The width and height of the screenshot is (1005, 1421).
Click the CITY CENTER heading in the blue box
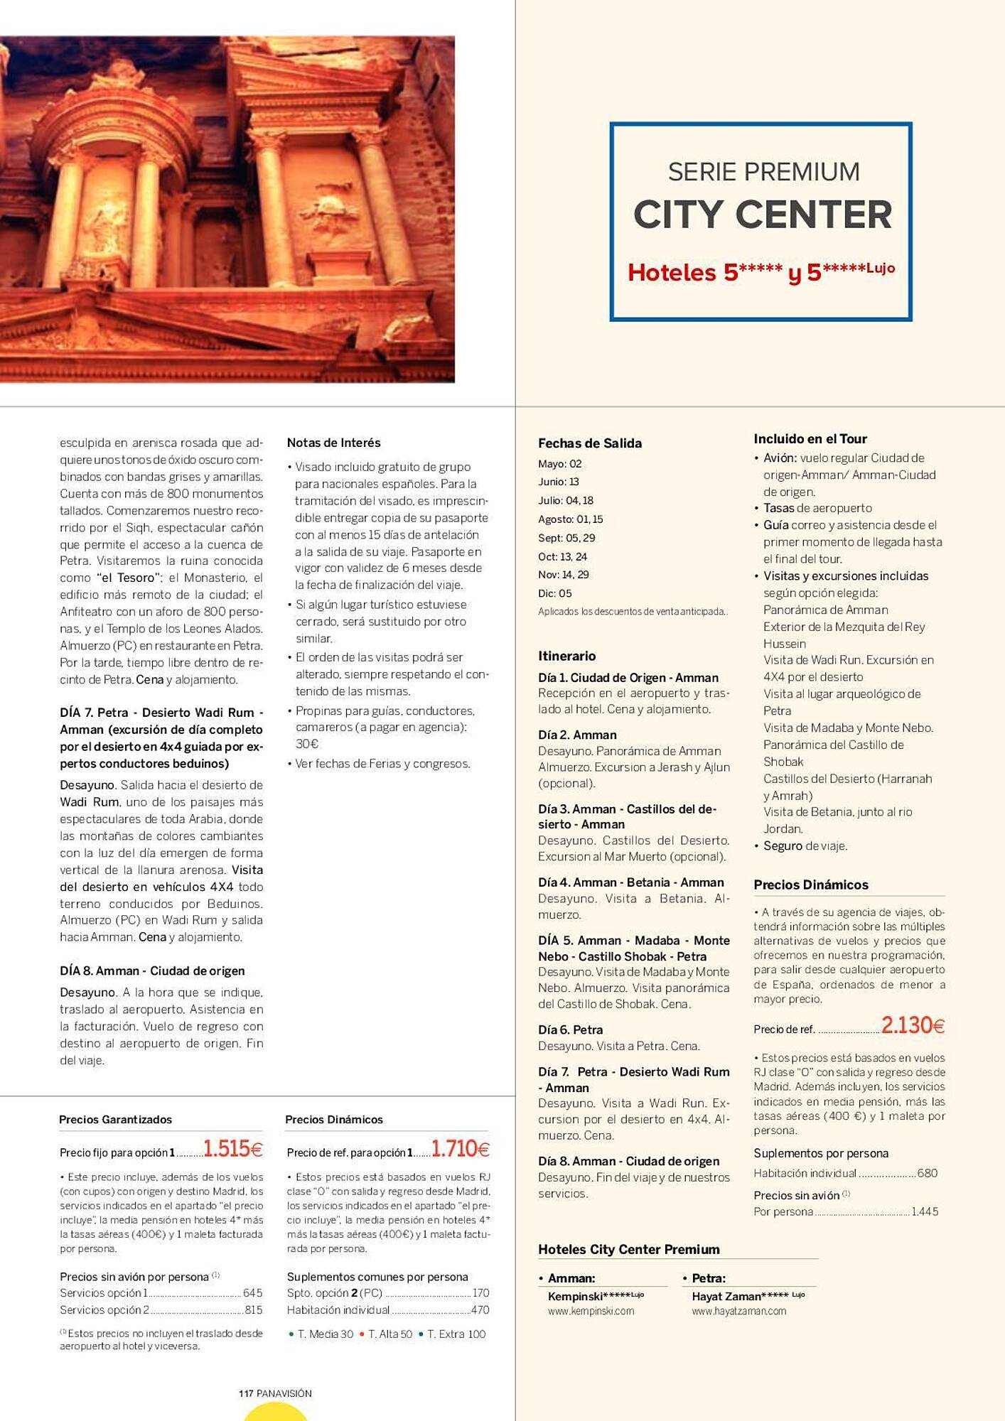pos(762,215)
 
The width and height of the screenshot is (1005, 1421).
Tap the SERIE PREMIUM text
pos(763,172)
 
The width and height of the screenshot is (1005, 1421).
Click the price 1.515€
pos(232,1148)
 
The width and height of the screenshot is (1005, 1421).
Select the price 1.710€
pos(460,1148)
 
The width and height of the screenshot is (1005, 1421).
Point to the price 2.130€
pos(913,1025)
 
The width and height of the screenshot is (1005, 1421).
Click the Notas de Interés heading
pos(333,443)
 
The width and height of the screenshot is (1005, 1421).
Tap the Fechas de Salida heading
pos(589,443)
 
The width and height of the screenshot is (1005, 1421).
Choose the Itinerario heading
pos(566,656)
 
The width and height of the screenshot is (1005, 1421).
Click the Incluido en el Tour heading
pos(810,438)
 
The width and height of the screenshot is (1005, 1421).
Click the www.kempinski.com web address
pos(590,1311)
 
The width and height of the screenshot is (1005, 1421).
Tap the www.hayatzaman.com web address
pos(738,1311)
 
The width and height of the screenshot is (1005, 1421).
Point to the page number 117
pos(246,1393)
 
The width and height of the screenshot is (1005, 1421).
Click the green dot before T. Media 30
pos(291,1334)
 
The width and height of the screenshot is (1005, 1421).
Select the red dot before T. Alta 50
pos(362,1334)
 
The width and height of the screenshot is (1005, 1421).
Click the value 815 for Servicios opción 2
pos(253,1309)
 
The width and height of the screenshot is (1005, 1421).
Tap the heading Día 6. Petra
pos(570,1030)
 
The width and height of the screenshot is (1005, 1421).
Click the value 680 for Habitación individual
pos(927,1173)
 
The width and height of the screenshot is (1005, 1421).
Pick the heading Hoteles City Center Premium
pos(628,1249)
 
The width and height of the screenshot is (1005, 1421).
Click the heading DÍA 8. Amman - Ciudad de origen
pos(152,971)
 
